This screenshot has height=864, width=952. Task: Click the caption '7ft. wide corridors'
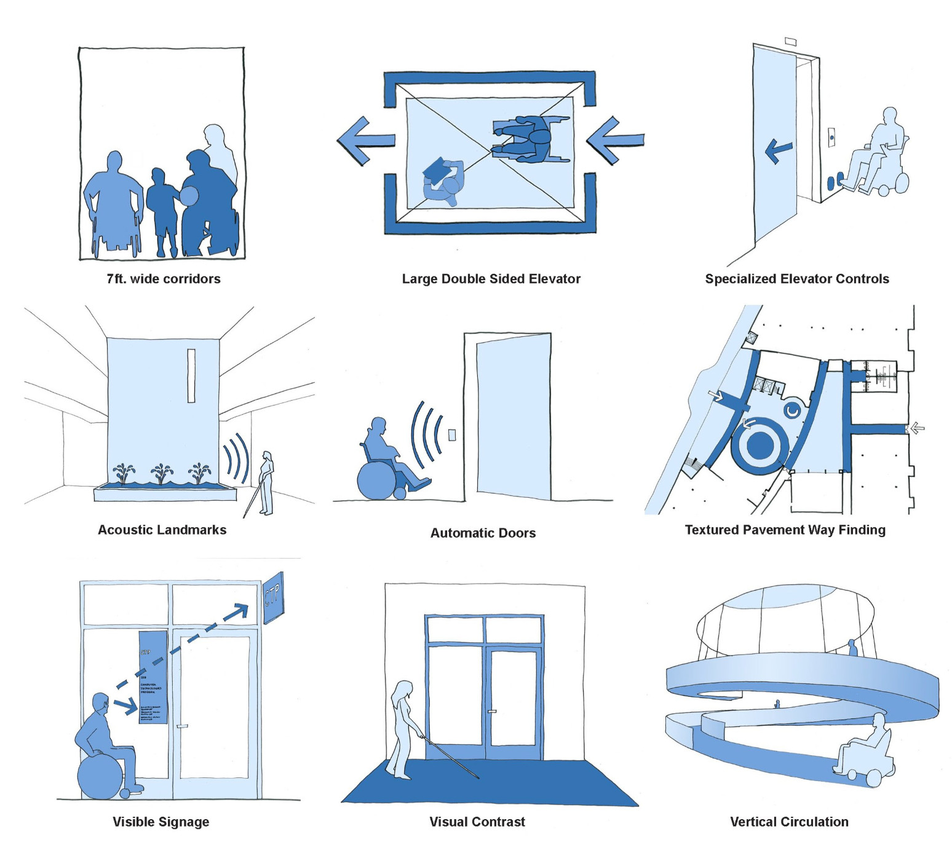click(163, 279)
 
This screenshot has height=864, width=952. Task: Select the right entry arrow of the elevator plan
click(615, 141)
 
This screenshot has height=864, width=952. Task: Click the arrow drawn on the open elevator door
click(778, 149)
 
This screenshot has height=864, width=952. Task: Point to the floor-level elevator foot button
click(833, 183)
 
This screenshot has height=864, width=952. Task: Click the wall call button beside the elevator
click(831, 137)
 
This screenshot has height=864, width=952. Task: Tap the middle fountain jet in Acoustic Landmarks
click(162, 474)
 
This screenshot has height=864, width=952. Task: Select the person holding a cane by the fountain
click(266, 483)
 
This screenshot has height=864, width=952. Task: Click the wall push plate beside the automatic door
click(452, 435)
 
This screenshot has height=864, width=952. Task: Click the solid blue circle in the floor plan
click(761, 444)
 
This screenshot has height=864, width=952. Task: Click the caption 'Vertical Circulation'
click(789, 822)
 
